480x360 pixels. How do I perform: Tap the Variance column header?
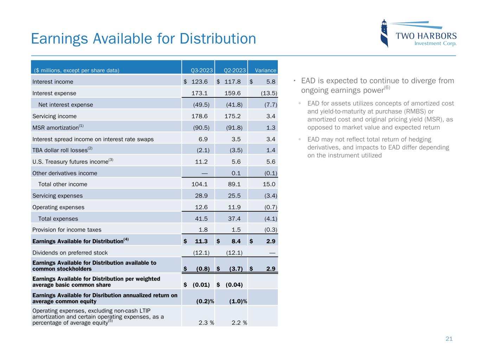click(265, 70)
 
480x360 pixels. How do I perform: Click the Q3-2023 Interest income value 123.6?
click(199, 82)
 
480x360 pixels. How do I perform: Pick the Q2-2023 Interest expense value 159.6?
click(232, 93)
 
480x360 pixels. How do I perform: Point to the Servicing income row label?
click(54, 116)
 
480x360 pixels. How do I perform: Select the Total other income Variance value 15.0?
click(268, 184)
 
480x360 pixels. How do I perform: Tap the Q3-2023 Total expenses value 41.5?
click(201, 219)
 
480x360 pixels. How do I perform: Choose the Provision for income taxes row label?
click(67, 230)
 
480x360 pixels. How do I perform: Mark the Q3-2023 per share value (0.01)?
click(201, 285)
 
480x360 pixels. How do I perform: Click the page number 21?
click(449, 339)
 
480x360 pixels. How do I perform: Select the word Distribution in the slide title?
click(218, 39)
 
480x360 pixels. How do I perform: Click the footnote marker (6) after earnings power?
click(386, 87)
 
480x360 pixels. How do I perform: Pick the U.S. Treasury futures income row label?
click(70, 162)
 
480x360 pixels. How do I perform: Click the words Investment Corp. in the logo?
click(435, 44)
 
